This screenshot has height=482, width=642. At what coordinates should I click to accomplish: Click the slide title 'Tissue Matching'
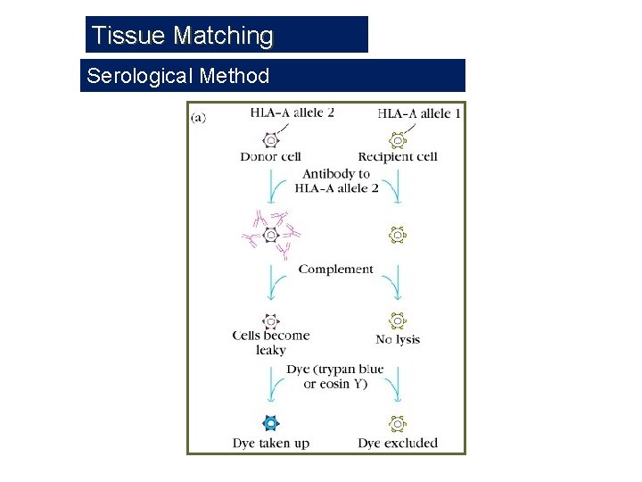(x=183, y=36)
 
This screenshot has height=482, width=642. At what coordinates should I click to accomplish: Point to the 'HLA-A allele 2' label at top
(x=292, y=113)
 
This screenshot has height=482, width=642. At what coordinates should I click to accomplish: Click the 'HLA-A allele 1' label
(x=419, y=113)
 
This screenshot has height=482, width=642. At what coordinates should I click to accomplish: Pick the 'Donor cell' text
(x=270, y=157)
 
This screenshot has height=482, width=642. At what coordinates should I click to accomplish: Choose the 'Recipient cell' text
(x=398, y=157)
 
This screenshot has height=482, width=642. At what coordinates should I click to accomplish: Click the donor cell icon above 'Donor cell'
(x=271, y=139)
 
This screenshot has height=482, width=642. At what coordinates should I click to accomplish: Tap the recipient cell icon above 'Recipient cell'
(x=398, y=139)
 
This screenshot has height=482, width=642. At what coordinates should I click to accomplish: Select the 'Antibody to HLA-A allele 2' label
(x=336, y=181)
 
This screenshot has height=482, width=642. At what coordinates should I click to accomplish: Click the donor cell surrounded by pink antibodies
(x=271, y=235)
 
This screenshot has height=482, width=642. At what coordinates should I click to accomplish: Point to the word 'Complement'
(x=336, y=269)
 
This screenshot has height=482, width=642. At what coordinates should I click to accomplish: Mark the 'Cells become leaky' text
(x=271, y=343)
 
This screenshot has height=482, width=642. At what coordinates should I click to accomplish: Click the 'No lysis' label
(x=398, y=339)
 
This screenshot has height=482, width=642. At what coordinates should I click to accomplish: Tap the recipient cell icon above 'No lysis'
(x=398, y=320)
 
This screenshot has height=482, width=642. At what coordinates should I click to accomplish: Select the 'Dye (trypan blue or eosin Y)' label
(x=335, y=377)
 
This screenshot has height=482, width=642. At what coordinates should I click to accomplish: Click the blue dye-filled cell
(x=271, y=424)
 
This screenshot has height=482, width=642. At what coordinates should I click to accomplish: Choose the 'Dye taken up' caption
(x=271, y=443)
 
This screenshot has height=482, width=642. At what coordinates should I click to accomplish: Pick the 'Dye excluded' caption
(x=398, y=443)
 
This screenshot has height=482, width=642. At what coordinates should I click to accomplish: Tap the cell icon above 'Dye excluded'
(x=398, y=424)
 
